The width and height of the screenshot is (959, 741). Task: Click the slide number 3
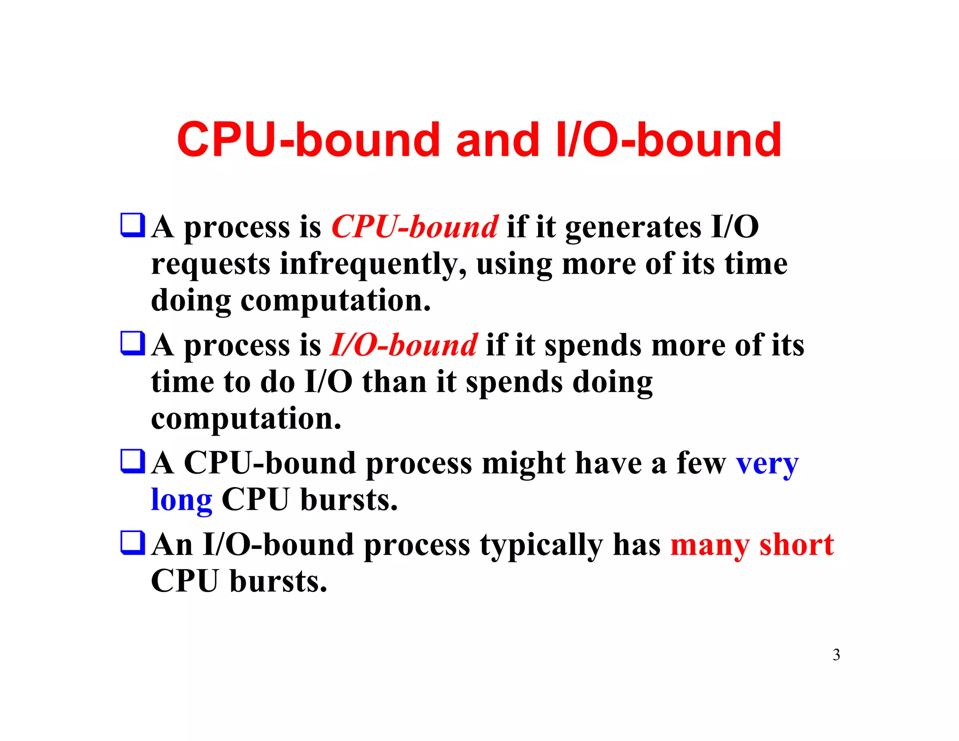[836, 654]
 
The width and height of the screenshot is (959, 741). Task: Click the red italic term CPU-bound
[414, 227]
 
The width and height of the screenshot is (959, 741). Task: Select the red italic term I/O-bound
[404, 345]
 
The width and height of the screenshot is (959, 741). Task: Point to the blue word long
[182, 500]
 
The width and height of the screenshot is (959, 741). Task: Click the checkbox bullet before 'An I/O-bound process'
[133, 542]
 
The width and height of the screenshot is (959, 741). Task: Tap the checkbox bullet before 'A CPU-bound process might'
[133, 461]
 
